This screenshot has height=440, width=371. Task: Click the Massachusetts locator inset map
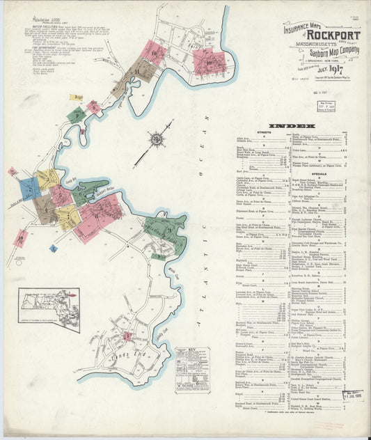click(x=49, y=310)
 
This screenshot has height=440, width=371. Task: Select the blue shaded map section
click(x=30, y=188)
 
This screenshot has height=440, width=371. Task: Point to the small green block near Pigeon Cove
click(x=77, y=116)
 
